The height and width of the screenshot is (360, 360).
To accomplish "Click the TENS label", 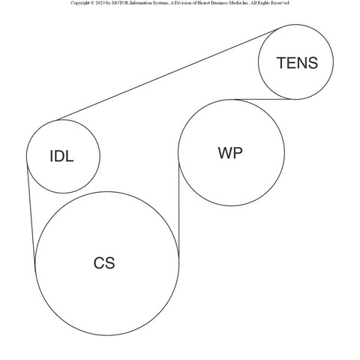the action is pyautogui.click(x=297, y=63).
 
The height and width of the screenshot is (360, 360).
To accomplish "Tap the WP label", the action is pyautogui.click(x=230, y=153).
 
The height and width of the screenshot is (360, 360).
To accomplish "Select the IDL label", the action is pyautogui.click(x=61, y=156).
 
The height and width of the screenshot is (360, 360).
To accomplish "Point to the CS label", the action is pyautogui.click(x=104, y=263).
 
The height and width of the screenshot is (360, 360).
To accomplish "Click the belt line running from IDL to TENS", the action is pyautogui.click(x=166, y=75).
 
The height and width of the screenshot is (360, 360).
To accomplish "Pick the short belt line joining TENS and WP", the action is pyautogui.click(x=262, y=99).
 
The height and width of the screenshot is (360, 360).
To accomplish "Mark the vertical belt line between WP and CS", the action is pyautogui.click(x=179, y=209).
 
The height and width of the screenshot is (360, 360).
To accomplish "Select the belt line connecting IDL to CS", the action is pyautogui.click(x=31, y=218).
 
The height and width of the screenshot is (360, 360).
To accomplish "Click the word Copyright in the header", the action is pyautogui.click(x=79, y=3).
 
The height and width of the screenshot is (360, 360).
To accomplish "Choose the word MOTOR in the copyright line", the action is pyautogui.click(x=120, y=3).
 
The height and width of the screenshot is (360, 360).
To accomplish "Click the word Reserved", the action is pyautogui.click(x=280, y=3).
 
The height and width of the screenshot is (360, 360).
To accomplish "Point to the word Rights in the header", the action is pyautogui.click(x=264, y=3).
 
